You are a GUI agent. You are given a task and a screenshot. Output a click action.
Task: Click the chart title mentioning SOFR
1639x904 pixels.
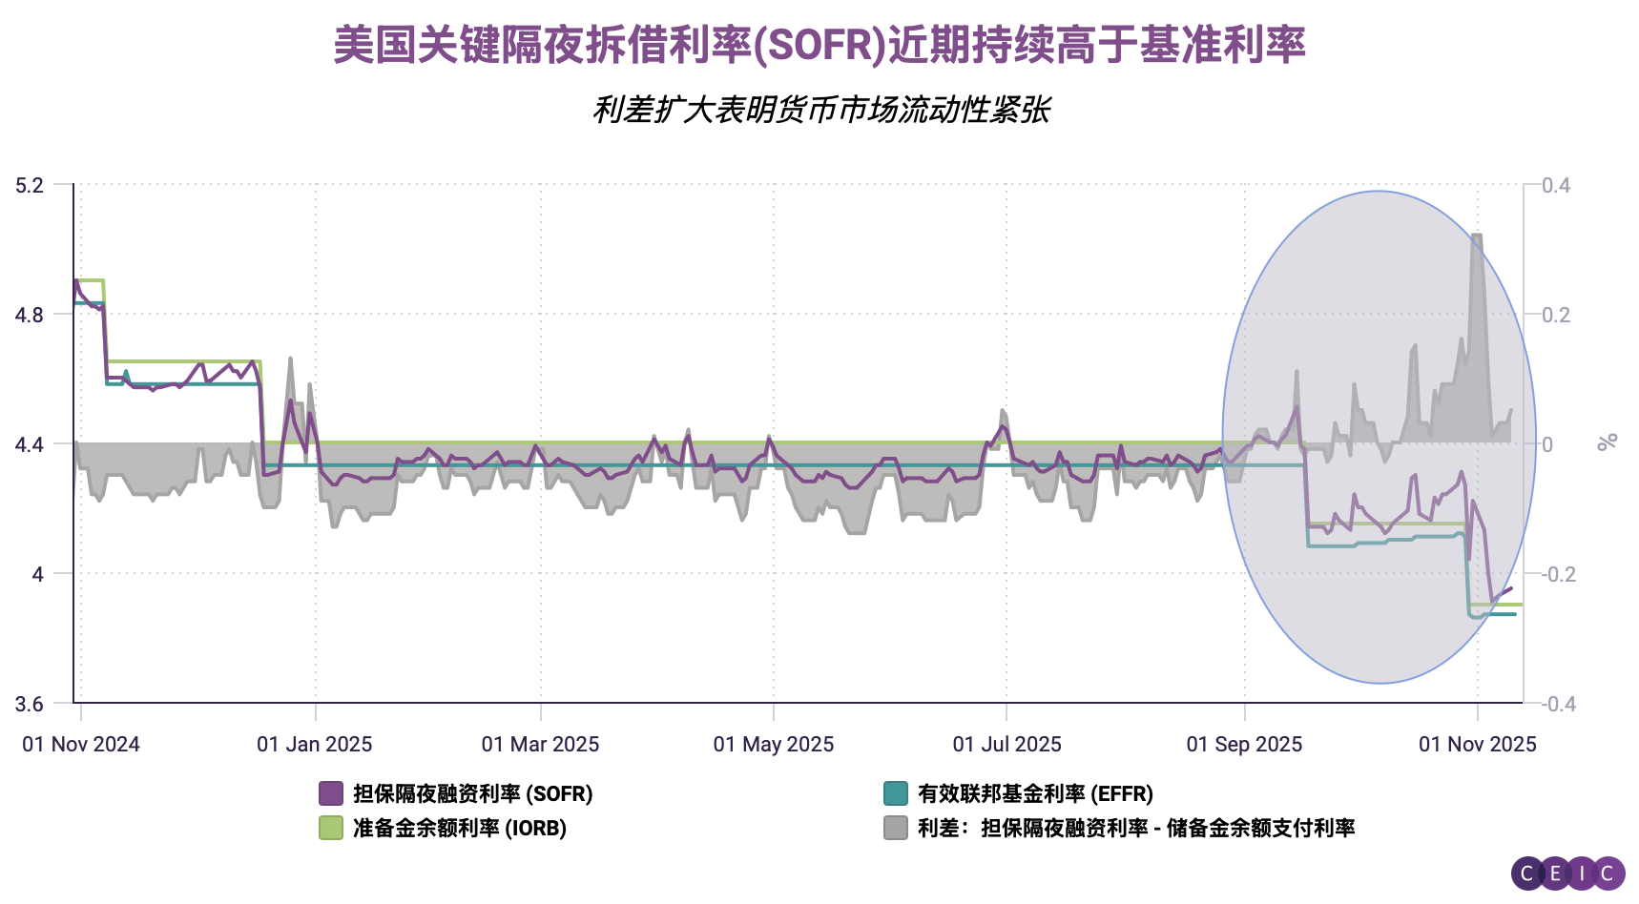point(819,45)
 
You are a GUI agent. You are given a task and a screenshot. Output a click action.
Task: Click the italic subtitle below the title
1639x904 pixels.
point(820,110)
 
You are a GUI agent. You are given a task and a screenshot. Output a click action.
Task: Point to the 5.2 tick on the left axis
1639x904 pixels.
point(30,185)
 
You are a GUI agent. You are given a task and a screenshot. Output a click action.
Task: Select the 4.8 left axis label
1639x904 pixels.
point(30,315)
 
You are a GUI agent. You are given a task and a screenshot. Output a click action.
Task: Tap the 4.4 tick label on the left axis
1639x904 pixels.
point(30,444)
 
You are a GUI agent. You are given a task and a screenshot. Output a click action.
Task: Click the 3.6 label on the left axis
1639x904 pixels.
point(30,704)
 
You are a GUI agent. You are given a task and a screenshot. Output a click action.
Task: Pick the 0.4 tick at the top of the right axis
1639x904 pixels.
point(1555,185)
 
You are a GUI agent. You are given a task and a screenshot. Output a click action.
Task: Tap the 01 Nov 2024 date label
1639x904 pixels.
point(81,744)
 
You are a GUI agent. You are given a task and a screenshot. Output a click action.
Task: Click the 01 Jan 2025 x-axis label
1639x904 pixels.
point(315,744)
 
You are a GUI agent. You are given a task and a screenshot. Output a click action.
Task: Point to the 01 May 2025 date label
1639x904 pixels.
point(774,744)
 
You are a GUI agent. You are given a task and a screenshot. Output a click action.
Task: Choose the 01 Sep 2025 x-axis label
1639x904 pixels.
point(1244,744)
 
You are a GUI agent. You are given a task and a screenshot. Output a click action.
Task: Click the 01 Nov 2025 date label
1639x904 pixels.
point(1477,744)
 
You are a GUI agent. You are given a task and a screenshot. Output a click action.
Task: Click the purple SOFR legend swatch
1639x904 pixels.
point(331,793)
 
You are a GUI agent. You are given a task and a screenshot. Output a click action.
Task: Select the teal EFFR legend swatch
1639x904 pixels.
point(895,793)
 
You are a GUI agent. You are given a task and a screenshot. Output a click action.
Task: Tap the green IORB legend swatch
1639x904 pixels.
point(331,828)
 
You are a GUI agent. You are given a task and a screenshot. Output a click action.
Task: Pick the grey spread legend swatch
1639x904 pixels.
point(895,828)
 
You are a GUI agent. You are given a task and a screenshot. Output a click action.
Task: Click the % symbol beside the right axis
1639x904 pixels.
point(1607,442)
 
